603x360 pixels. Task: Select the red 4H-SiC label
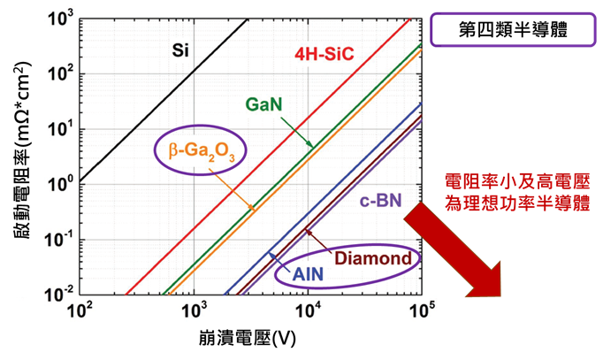coord(324,56)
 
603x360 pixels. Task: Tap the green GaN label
coord(263,104)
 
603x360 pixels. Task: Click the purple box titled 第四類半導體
coord(508,28)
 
